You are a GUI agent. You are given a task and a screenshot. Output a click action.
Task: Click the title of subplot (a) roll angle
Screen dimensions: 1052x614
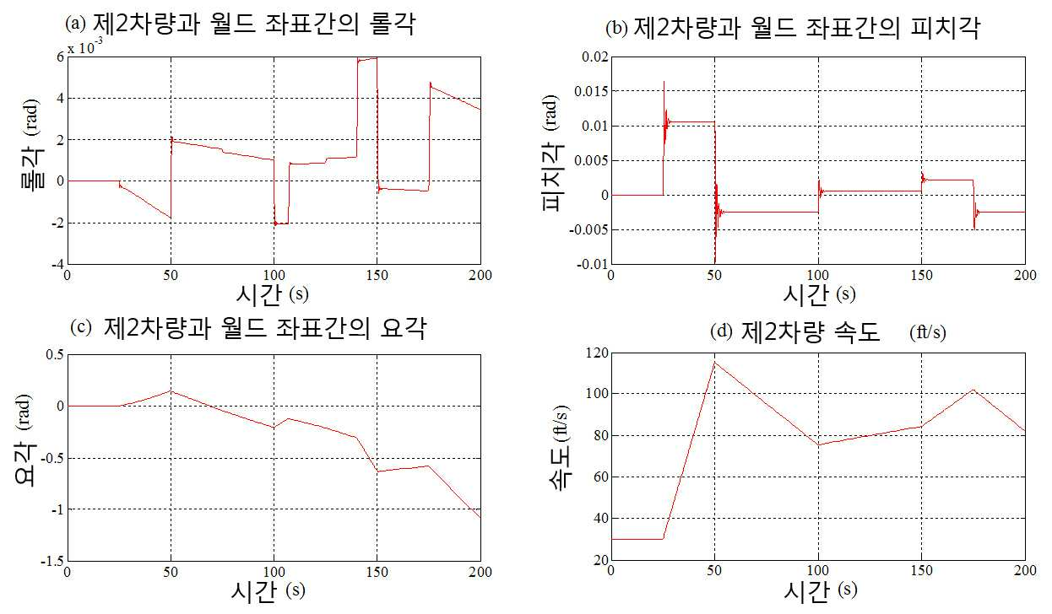241,24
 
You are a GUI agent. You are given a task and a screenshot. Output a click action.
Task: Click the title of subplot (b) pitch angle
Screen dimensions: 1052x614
794,28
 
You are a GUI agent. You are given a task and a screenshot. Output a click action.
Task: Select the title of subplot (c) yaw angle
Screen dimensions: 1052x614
248,327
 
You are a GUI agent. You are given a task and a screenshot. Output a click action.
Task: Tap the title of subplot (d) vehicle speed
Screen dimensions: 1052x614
828,332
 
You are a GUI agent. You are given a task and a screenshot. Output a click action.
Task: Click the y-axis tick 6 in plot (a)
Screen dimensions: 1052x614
60,57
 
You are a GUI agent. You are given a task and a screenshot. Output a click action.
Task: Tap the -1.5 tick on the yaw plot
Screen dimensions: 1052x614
52,561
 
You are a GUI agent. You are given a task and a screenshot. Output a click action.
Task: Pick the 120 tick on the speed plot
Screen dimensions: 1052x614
596,353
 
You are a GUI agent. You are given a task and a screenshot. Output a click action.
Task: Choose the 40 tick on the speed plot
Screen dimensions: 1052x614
600,519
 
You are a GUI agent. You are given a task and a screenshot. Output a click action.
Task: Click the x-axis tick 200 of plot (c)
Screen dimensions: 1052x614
480,573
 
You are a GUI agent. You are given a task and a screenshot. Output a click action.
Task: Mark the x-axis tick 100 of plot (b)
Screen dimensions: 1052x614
818,275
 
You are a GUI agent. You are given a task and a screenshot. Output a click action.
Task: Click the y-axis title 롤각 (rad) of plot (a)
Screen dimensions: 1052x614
32,143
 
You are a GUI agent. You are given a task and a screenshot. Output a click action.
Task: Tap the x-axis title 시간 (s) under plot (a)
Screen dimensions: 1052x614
272,294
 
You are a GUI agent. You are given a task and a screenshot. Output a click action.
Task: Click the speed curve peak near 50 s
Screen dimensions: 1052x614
715,362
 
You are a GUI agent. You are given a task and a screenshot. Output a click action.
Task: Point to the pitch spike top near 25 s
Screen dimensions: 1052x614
664,82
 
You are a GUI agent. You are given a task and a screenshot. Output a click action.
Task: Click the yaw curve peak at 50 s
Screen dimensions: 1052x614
171,390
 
